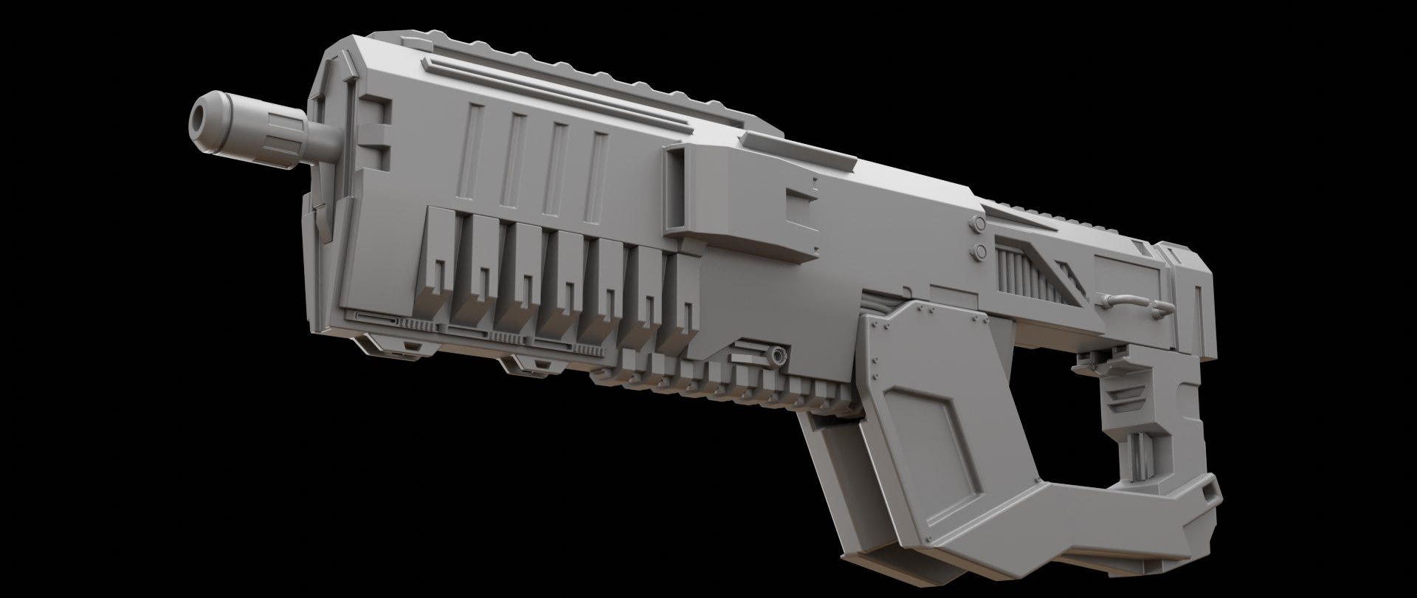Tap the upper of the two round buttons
(978, 224)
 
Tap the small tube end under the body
(778, 357)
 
